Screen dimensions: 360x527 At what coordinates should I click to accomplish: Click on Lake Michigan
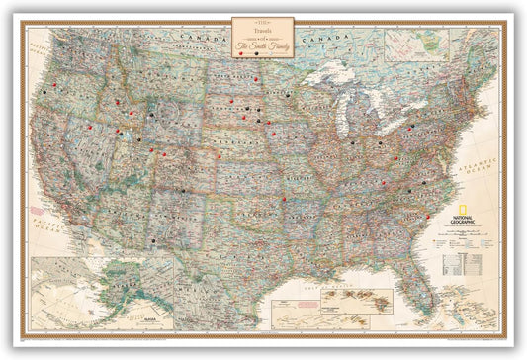pyautogui.click(x=340, y=115)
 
